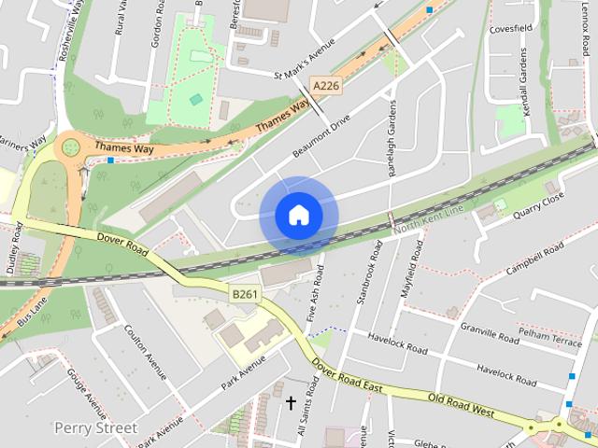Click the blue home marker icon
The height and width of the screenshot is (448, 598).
[298, 216]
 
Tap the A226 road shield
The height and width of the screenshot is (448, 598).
[325, 86]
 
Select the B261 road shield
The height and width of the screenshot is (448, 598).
[244, 294]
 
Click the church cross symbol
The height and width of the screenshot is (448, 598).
[291, 403]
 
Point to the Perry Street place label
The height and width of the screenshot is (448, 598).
[95, 427]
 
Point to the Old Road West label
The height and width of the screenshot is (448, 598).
[461, 404]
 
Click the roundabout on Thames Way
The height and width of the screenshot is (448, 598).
[69, 147]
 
